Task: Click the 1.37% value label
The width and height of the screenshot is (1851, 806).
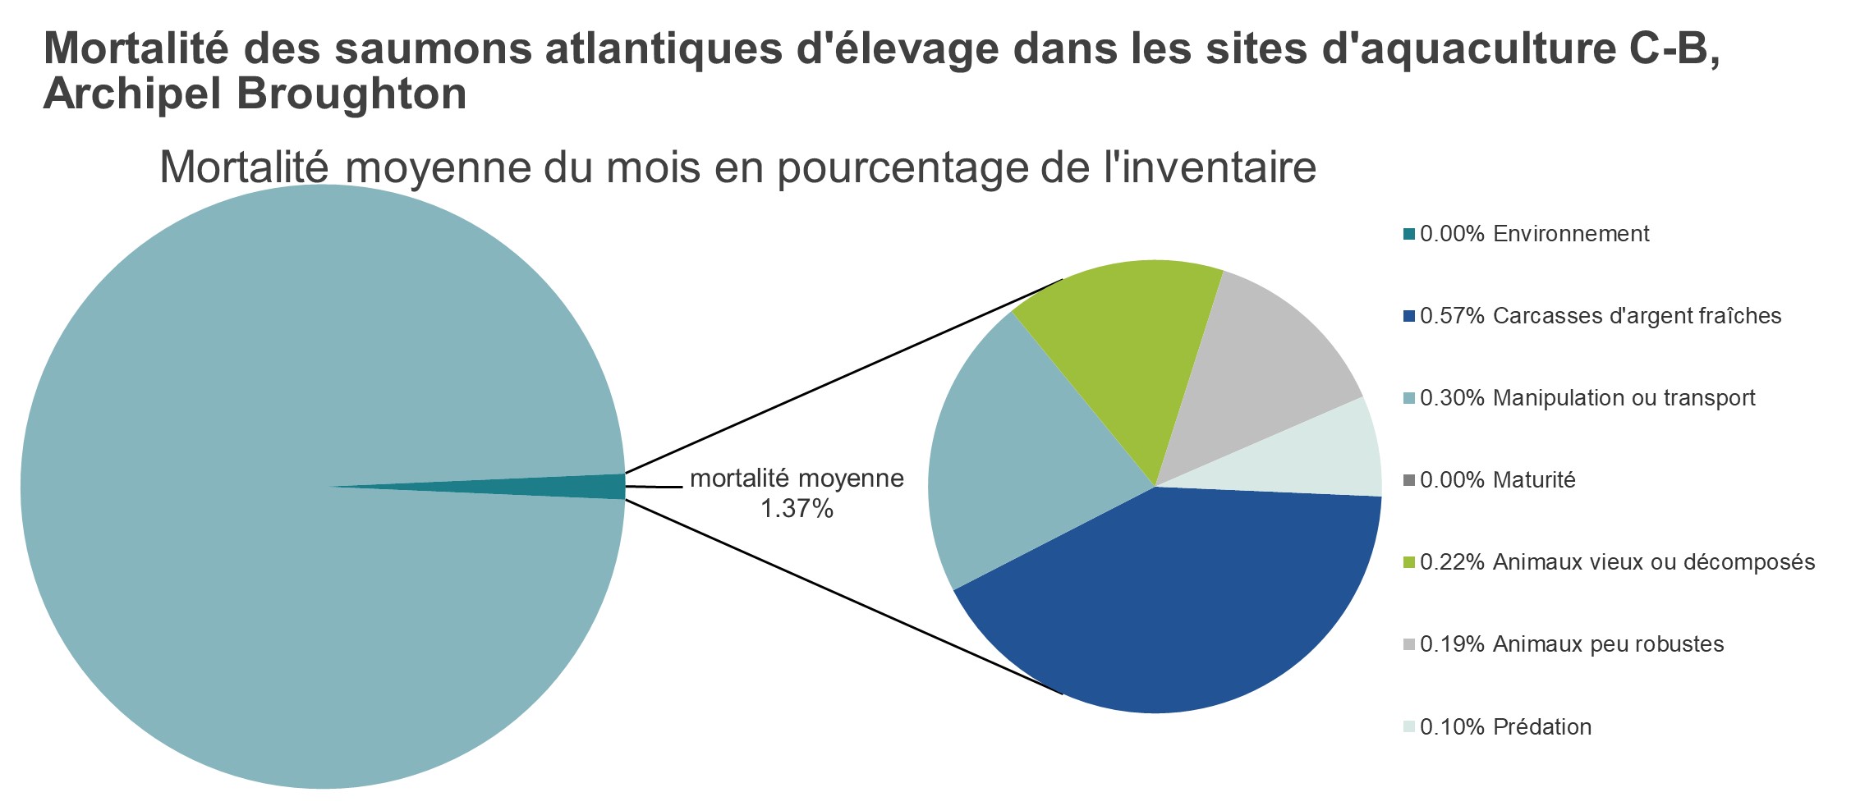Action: (797, 510)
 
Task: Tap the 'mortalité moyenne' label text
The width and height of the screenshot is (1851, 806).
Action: (797, 479)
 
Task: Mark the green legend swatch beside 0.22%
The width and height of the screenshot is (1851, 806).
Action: (1410, 563)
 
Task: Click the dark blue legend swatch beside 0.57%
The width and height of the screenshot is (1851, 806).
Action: (1410, 317)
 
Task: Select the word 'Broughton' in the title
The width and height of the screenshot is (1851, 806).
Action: (351, 94)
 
